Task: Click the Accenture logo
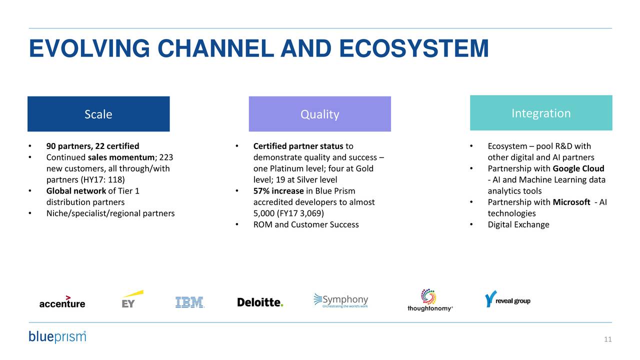click(x=62, y=301)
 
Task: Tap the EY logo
click(x=131, y=299)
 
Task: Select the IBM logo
click(x=189, y=302)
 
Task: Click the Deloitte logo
click(x=260, y=302)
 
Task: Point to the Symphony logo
click(x=341, y=300)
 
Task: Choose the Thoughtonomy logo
click(x=429, y=300)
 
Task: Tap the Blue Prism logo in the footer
click(x=57, y=336)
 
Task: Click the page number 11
click(x=607, y=340)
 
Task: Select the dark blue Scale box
click(x=98, y=114)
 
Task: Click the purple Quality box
click(x=319, y=114)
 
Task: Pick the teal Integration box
click(x=541, y=113)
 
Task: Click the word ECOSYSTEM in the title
click(x=413, y=49)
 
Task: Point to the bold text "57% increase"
click(x=278, y=191)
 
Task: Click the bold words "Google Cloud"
click(x=578, y=168)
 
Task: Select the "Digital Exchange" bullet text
click(x=518, y=224)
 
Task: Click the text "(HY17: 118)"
click(x=103, y=180)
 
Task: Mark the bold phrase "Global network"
click(x=76, y=191)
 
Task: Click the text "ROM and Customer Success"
click(x=306, y=224)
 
